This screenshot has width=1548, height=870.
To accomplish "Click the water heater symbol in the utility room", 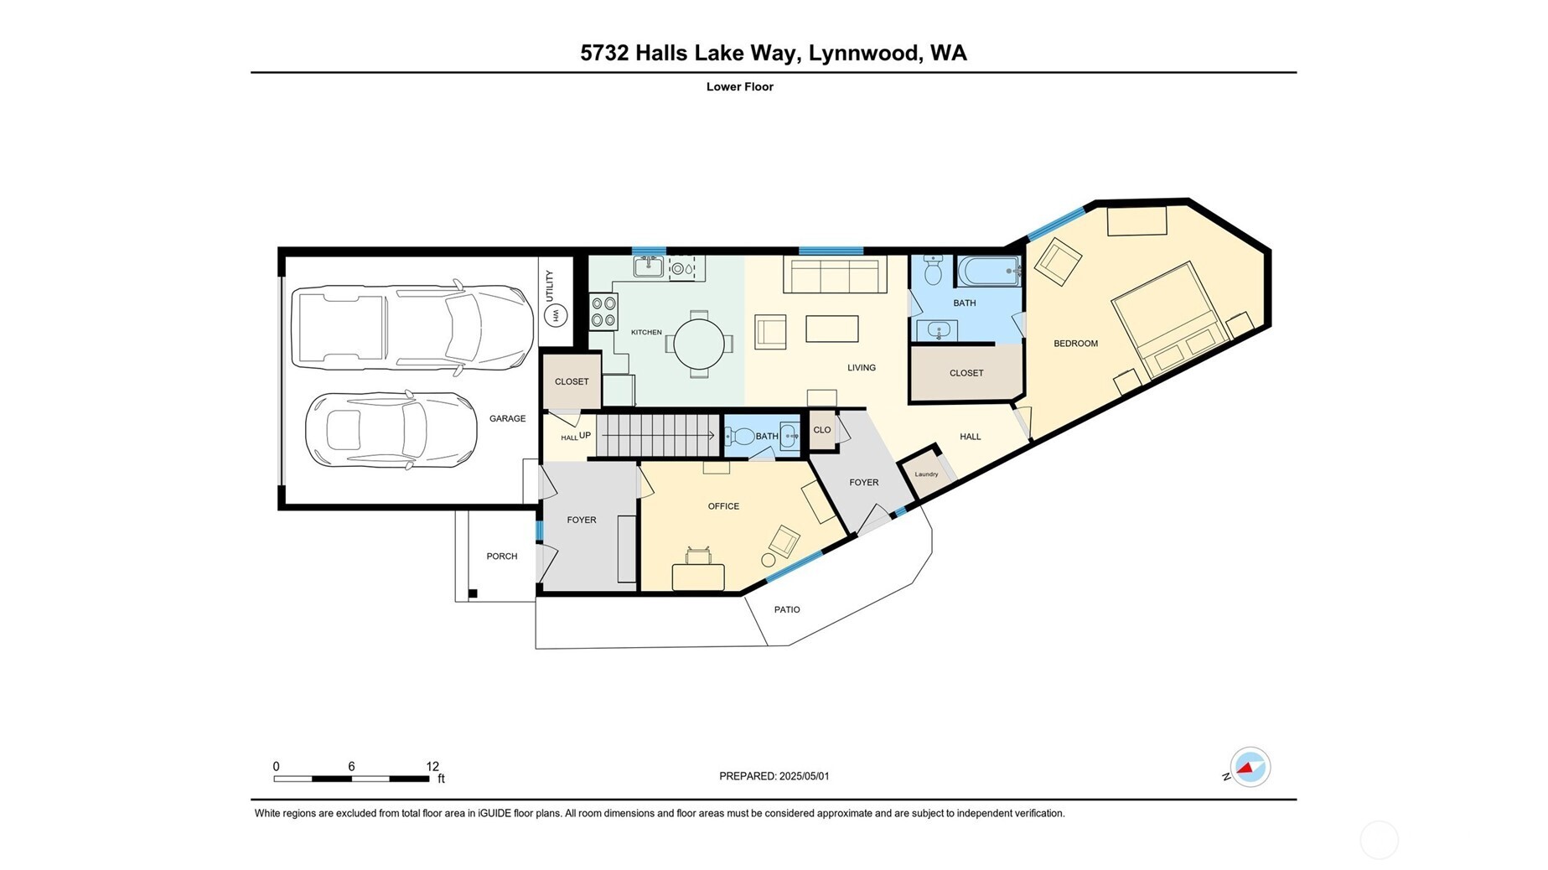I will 556,316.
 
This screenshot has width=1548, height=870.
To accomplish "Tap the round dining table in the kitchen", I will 698,344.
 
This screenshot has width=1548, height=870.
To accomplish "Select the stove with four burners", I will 603,311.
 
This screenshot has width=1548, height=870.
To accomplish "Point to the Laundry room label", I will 926,474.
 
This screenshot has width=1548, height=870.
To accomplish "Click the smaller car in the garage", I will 391,430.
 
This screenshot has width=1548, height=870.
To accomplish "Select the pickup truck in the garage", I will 412,328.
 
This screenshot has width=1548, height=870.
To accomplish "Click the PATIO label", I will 786,609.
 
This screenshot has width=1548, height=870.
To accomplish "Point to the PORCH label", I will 502,557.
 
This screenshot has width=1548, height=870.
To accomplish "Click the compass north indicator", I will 1249,767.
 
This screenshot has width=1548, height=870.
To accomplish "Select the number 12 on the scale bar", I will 432,766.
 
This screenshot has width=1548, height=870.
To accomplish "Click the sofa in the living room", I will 835,274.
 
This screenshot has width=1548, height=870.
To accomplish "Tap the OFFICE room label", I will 723,506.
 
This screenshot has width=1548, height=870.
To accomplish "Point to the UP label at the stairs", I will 585,435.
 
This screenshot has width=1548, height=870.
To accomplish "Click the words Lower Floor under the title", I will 739,86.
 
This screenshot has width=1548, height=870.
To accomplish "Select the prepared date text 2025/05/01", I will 804,776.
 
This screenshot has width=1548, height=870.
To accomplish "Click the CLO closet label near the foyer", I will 821,430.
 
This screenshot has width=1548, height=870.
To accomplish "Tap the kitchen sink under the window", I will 648,267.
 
